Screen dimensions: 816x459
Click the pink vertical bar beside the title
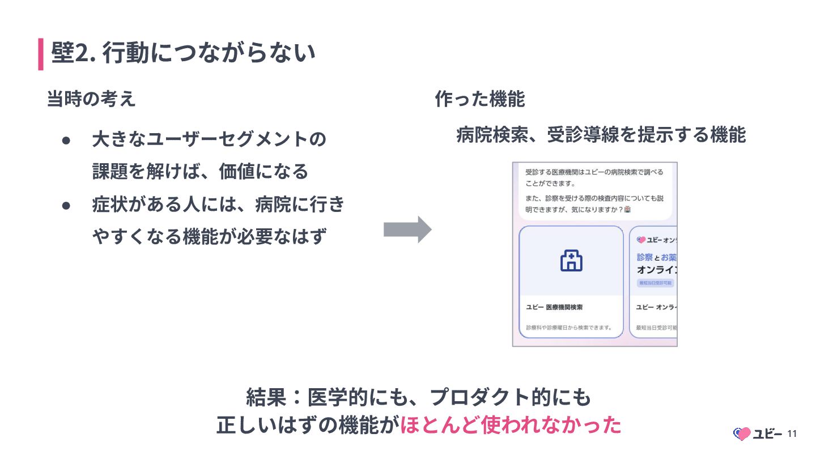tap(41, 54)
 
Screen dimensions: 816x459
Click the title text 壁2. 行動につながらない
tap(182, 54)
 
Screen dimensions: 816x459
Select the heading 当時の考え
tap(91, 99)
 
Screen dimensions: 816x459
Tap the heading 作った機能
tap(480, 99)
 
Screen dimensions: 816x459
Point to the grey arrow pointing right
tap(407, 229)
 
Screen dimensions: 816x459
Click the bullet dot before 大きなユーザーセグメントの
tap(66, 139)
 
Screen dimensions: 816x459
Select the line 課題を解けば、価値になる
tap(200, 172)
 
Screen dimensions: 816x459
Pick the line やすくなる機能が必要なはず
tap(210, 236)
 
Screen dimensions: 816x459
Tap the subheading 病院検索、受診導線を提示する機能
tap(601, 135)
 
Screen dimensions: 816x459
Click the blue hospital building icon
tap(571, 261)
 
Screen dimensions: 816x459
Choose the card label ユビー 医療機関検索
tap(554, 307)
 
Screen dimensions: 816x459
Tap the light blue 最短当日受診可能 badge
tap(655, 283)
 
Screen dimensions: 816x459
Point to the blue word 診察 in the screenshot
tap(644, 257)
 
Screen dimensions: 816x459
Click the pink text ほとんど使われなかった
tap(511, 426)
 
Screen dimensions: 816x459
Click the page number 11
tap(792, 434)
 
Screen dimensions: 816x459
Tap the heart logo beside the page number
tap(742, 434)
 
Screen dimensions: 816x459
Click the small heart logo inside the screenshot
tap(641, 240)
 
